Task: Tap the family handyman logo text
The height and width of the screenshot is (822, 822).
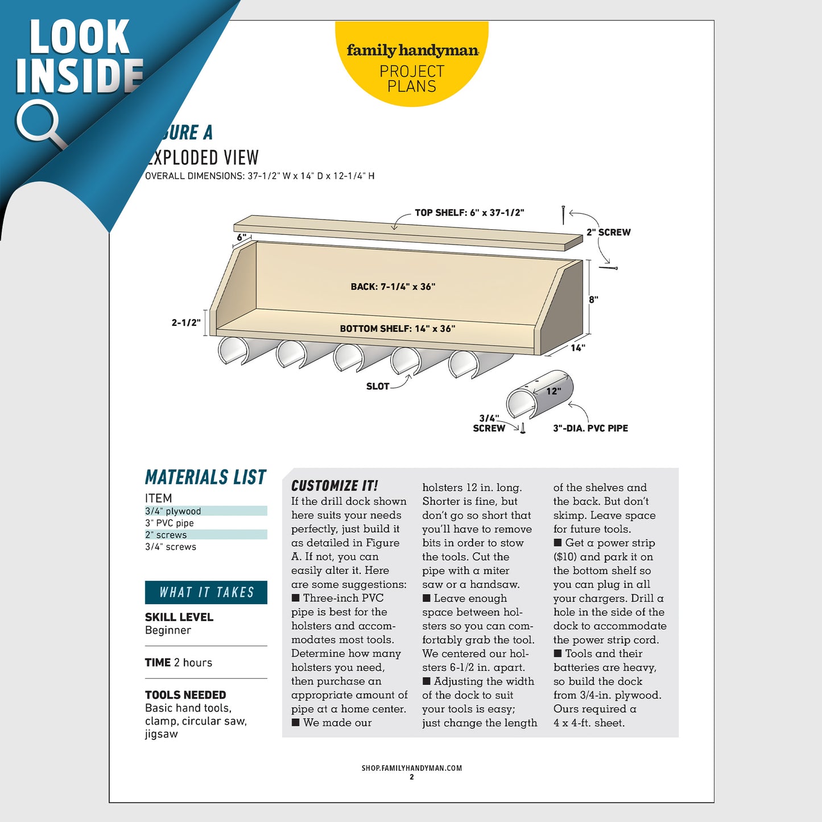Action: (412, 51)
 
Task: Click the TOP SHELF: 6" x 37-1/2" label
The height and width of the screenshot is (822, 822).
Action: (469, 213)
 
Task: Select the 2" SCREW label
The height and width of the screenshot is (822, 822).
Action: (608, 232)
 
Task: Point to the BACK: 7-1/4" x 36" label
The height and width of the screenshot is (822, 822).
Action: (393, 287)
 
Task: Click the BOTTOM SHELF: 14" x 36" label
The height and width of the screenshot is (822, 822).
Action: (397, 329)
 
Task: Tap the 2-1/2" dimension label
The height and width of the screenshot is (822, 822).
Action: (186, 323)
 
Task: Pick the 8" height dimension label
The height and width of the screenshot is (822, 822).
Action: (593, 300)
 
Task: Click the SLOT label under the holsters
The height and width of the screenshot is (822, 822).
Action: (378, 386)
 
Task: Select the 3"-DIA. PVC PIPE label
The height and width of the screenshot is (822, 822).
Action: (590, 428)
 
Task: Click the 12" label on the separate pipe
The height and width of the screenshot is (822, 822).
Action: (553, 391)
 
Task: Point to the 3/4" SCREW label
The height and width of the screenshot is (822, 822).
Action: (489, 423)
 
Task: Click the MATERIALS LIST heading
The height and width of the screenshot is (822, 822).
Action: (205, 477)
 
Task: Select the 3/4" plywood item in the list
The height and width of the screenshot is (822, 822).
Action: (173, 511)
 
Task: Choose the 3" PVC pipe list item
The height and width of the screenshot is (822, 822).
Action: (170, 523)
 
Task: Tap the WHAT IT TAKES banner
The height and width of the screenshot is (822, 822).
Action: (206, 592)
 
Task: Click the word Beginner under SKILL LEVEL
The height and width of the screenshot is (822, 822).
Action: (168, 630)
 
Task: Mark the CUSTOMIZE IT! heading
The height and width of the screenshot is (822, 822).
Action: (334, 486)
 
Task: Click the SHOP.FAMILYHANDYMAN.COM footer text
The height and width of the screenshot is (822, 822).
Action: (411, 768)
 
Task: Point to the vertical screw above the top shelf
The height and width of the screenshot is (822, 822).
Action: (563, 214)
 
